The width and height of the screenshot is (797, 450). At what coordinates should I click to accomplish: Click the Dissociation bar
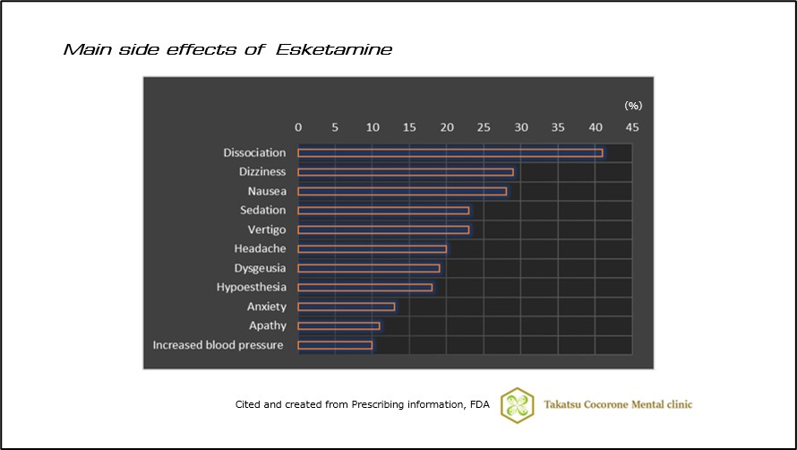click(x=450, y=152)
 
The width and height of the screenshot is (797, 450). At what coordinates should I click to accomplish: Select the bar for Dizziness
click(x=405, y=171)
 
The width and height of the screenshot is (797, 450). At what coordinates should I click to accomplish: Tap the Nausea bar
click(x=401, y=191)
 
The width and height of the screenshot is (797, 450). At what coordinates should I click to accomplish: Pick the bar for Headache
click(x=372, y=248)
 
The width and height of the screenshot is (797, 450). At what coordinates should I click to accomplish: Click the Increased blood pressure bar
click(x=334, y=345)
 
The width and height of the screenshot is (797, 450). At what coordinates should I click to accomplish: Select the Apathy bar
click(x=338, y=325)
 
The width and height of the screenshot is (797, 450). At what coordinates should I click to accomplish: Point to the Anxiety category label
click(x=266, y=307)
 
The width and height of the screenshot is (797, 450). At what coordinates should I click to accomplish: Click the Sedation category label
click(x=262, y=210)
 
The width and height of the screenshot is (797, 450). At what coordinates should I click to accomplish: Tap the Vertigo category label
click(x=266, y=229)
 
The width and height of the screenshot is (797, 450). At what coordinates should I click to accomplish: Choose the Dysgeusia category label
click(x=260, y=268)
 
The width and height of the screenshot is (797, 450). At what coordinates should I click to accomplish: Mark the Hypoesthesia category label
click(x=251, y=287)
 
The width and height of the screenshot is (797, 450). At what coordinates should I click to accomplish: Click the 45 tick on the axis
click(x=632, y=127)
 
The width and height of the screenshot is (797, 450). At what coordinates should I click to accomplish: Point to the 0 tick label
click(x=298, y=127)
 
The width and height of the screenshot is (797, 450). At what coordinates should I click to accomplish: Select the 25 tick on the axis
click(x=484, y=127)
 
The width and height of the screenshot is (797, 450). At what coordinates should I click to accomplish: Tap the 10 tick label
click(x=373, y=127)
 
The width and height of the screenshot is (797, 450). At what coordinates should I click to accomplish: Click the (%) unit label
click(x=633, y=105)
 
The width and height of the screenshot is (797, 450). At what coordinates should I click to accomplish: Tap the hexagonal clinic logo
click(x=517, y=404)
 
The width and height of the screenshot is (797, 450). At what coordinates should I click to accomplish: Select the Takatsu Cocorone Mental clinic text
click(x=618, y=404)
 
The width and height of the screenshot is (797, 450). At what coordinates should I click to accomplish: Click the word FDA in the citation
click(x=479, y=404)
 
